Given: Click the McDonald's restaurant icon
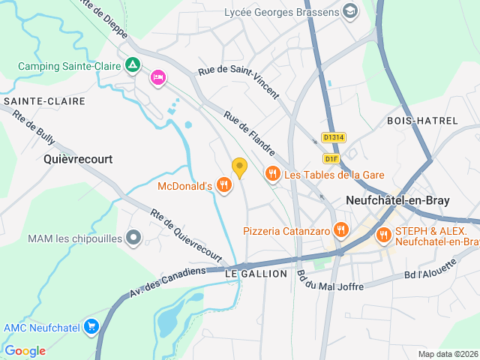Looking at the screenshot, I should pyautogui.click(x=223, y=184).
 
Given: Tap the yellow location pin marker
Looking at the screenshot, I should pyautogui.click(x=239, y=168).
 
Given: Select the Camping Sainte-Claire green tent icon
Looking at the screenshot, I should pyautogui.click(x=133, y=66).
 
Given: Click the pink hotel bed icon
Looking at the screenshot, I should pyautogui.click(x=157, y=77).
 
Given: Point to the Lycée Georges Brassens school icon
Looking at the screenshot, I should pyautogui.click(x=349, y=11).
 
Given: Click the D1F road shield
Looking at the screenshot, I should pyautogui.click(x=332, y=158).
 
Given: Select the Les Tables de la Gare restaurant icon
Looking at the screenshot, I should pyautogui.click(x=272, y=175).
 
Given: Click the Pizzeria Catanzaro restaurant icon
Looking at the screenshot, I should pyautogui.click(x=341, y=230).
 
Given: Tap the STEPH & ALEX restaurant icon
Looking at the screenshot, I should pyautogui.click(x=383, y=235).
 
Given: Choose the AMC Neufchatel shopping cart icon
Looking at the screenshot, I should pyautogui.click(x=91, y=326).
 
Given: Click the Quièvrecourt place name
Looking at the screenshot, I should pyautogui.click(x=78, y=159).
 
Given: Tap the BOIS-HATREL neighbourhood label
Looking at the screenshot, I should pyautogui.click(x=416, y=121).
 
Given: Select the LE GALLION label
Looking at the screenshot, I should pyautogui.click(x=256, y=274).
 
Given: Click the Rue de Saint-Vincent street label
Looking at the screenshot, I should pyautogui.click(x=238, y=83).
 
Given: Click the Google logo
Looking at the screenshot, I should pyautogui.click(x=25, y=350).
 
